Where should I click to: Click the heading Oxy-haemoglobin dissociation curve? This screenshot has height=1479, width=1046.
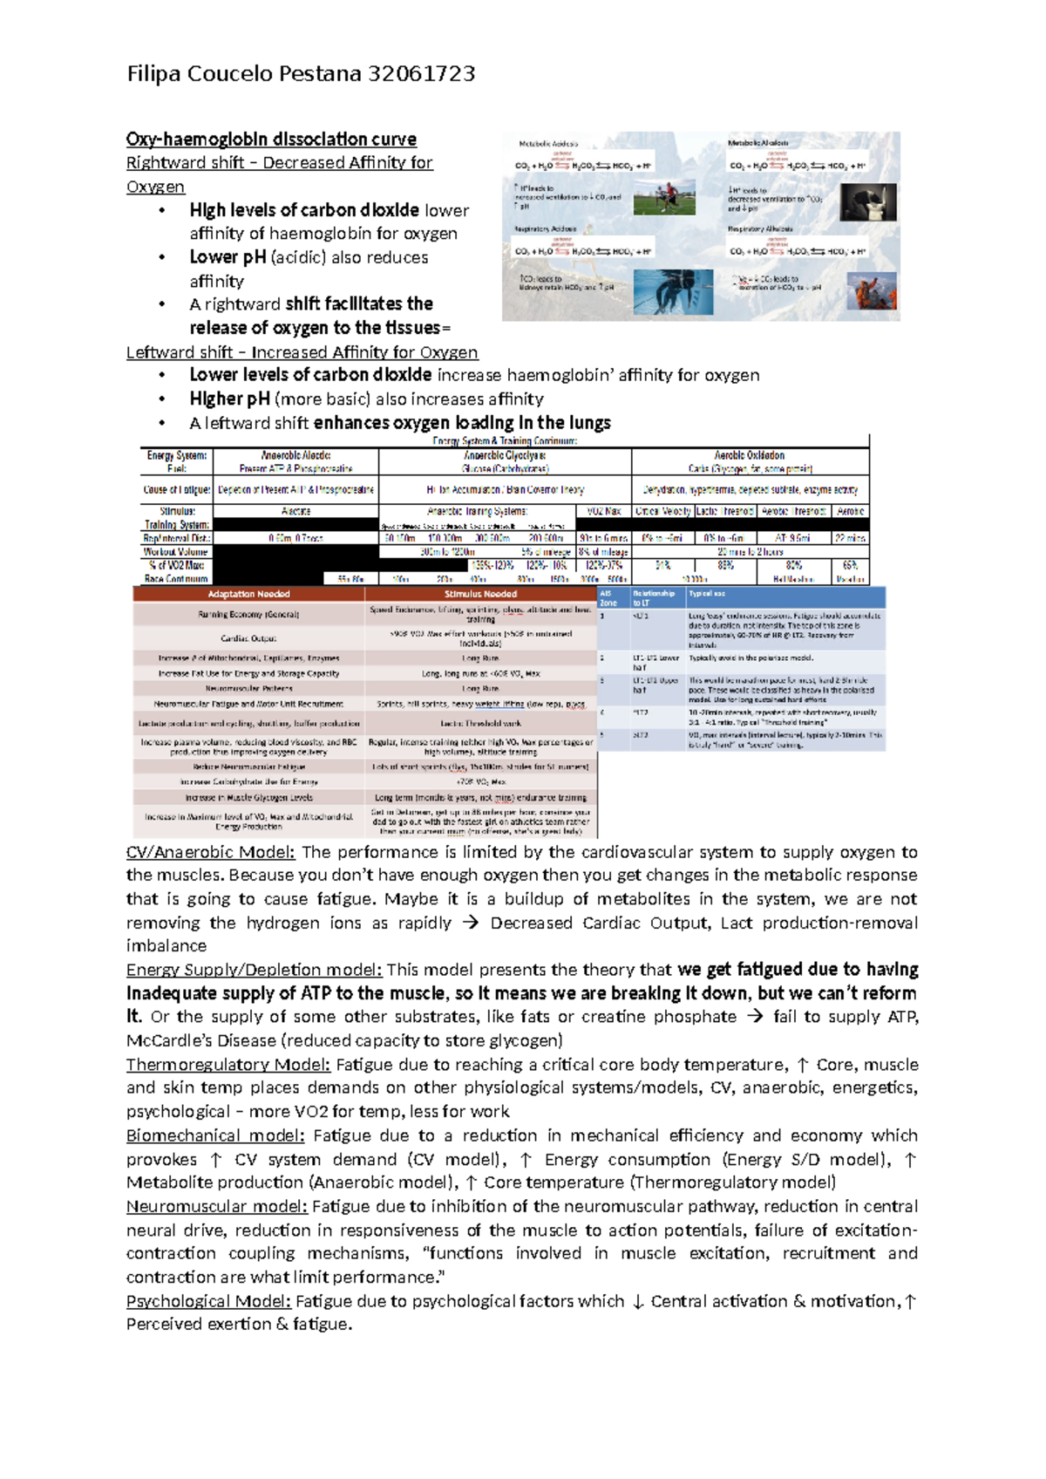(271, 140)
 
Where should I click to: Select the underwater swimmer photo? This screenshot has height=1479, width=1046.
(672, 291)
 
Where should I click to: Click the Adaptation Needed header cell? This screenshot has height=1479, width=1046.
(248, 594)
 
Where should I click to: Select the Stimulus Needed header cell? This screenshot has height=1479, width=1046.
(480, 594)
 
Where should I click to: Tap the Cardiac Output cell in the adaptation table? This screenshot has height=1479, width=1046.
(248, 638)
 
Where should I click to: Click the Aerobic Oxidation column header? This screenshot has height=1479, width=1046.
(750, 455)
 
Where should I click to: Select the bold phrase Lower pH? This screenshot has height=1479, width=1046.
(228, 257)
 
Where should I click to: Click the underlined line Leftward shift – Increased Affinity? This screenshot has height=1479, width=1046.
(302, 352)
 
